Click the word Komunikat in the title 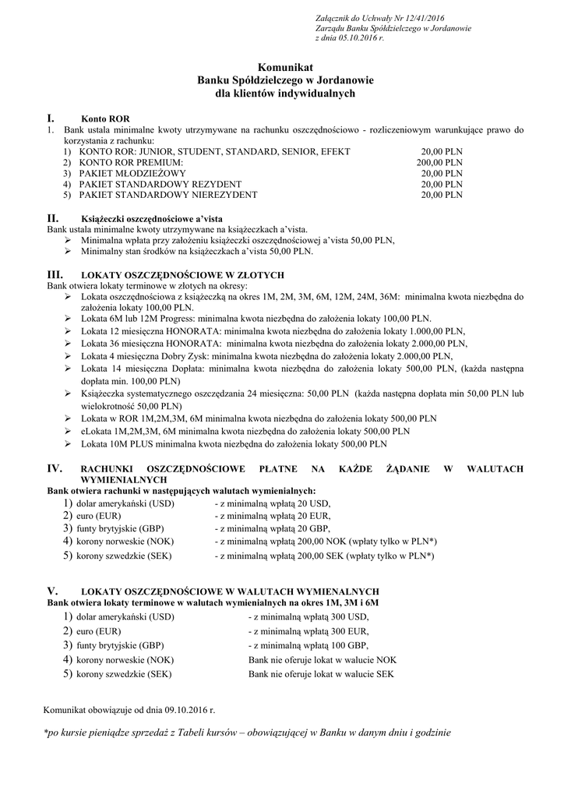pyautogui.click(x=284, y=69)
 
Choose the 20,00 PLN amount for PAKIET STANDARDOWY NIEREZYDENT pyautogui.click(x=442, y=195)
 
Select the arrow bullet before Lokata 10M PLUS pyautogui.click(x=69, y=443)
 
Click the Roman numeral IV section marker pyautogui.click(x=55, y=468)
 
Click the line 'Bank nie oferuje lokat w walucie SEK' pyautogui.click(x=321, y=674)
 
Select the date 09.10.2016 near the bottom pyautogui.click(x=185, y=711)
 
